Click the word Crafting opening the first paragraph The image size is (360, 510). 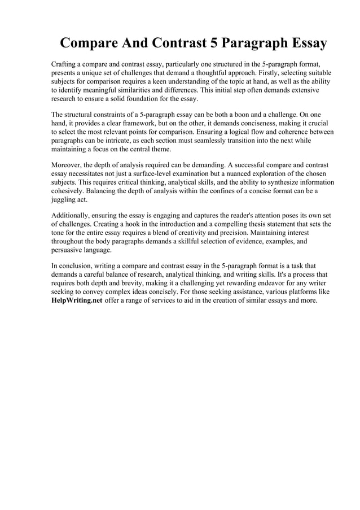[65, 65]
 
